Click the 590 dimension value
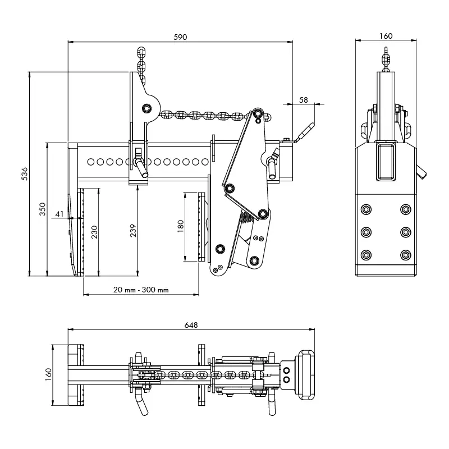(x=180, y=36)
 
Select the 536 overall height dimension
(x=24, y=175)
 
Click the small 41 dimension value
(x=59, y=213)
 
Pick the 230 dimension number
(x=94, y=232)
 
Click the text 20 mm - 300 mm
(x=140, y=290)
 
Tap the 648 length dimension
(x=190, y=324)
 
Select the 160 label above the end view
(x=386, y=36)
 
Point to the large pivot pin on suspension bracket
(x=147, y=107)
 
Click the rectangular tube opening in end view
(x=386, y=162)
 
